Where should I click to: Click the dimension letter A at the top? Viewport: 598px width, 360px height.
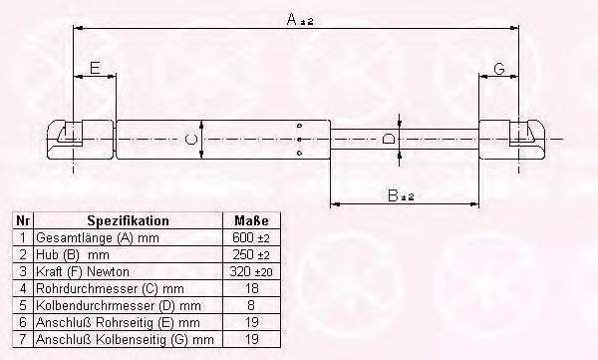(x=292, y=19)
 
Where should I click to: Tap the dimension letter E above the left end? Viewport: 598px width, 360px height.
(x=95, y=68)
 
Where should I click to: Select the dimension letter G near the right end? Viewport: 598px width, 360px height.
(x=499, y=69)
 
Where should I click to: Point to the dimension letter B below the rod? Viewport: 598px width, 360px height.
(x=393, y=195)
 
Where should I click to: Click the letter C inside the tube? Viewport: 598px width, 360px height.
(x=190, y=139)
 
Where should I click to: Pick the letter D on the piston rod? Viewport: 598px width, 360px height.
(x=389, y=139)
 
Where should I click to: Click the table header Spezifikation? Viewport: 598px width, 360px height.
(x=129, y=220)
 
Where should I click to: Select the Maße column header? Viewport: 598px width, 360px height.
(x=251, y=220)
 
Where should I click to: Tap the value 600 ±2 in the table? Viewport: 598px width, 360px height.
(x=250, y=237)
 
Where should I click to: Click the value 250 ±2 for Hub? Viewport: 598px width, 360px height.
(x=250, y=254)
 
